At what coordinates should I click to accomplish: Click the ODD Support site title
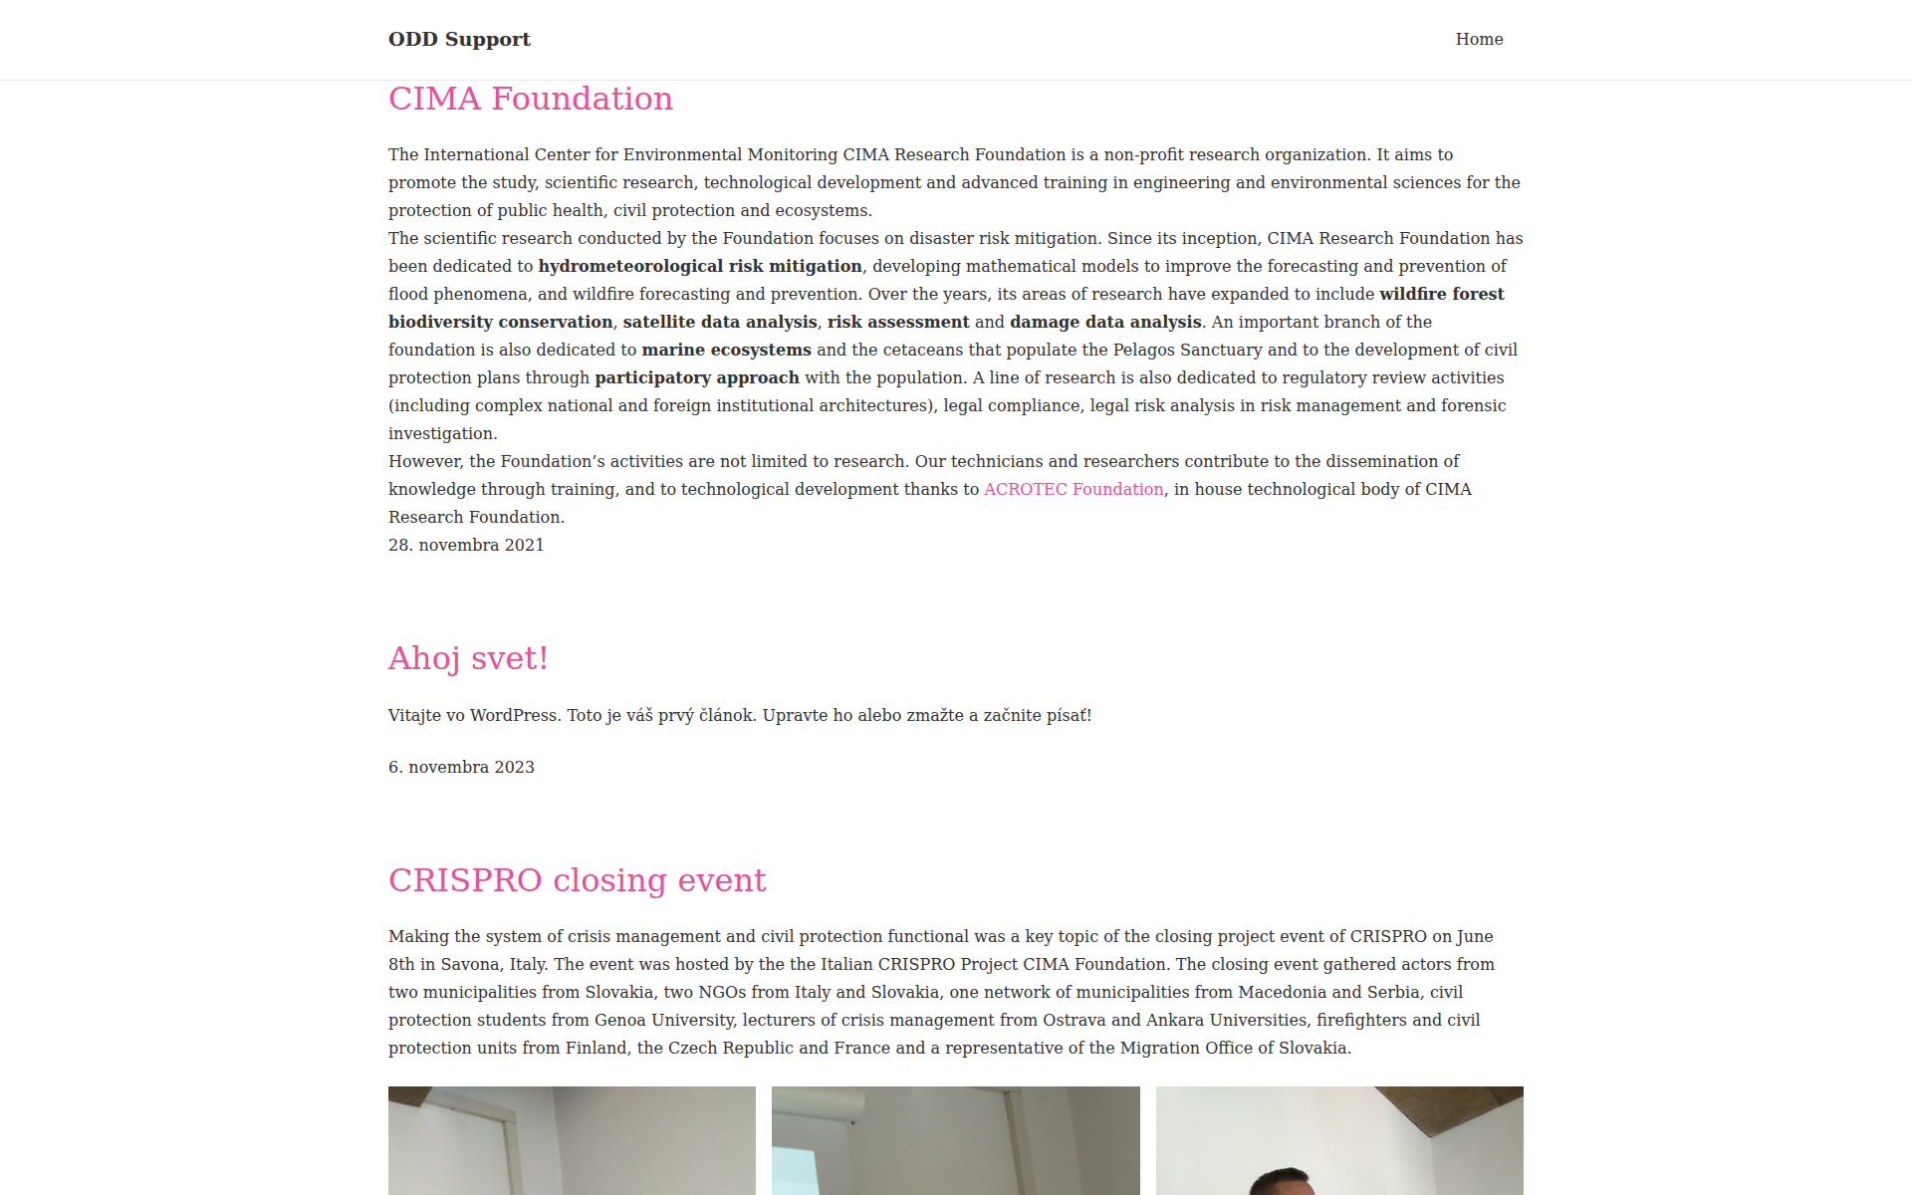coord(459,39)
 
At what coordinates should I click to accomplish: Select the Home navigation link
coord(1479,39)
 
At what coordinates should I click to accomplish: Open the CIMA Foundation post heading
coord(531,99)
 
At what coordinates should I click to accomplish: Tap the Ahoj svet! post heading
coord(468,658)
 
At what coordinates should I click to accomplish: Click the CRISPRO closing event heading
coord(577,880)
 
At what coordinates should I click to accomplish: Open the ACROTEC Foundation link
coord(1074,489)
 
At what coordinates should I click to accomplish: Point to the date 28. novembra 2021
coord(466,545)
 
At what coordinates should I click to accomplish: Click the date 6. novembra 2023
coord(461,767)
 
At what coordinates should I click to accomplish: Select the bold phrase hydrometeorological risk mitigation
coord(700,266)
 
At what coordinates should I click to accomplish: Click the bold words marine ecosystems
coord(726,350)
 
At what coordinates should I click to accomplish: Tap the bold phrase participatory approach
coord(697,377)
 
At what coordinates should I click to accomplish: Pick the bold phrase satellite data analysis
coord(720,322)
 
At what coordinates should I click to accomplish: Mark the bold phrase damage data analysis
coord(1105,322)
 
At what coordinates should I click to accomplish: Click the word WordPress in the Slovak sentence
coord(514,715)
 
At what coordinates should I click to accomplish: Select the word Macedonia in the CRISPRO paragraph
coord(1282,992)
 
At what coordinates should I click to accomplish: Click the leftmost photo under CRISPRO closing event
coord(572,1140)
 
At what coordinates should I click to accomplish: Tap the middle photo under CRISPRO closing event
coord(955,1140)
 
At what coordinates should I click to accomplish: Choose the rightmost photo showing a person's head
coord(1339,1140)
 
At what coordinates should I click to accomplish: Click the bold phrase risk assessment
coord(897,322)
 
